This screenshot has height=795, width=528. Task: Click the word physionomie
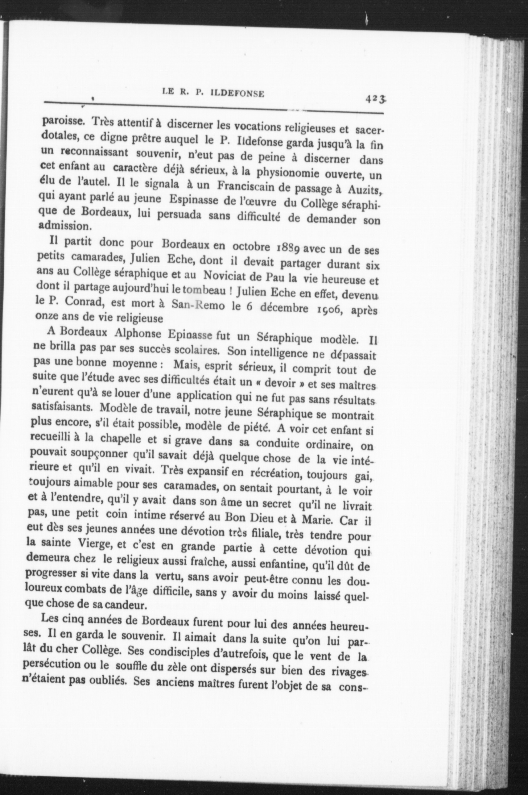point(288,173)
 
